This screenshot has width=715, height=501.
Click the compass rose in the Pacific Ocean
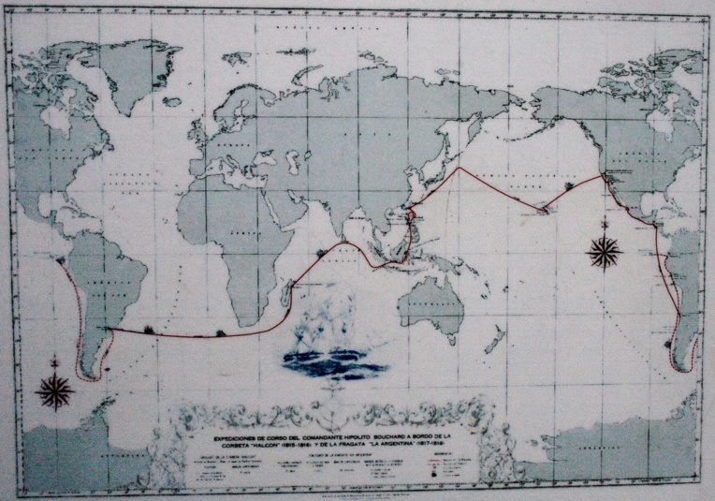(x=605, y=250)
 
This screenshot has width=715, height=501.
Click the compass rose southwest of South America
(x=55, y=390)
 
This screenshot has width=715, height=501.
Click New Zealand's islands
(x=495, y=339)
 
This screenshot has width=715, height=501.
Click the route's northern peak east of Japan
(x=459, y=169)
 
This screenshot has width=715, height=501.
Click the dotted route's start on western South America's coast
(x=61, y=261)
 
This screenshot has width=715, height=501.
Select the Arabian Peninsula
(x=293, y=201)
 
